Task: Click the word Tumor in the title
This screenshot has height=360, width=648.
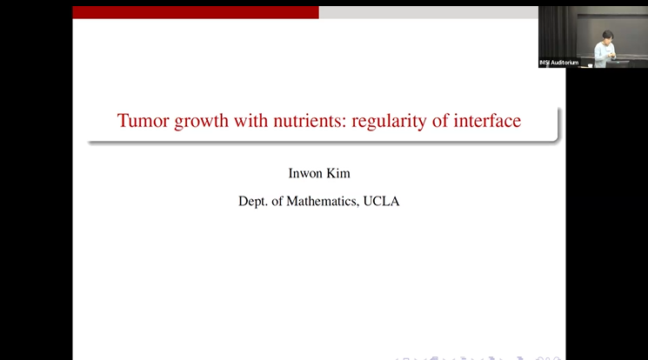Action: (x=137, y=121)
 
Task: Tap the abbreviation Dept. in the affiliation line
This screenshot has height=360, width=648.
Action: (x=255, y=201)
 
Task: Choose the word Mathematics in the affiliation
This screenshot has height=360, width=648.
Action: (x=326, y=201)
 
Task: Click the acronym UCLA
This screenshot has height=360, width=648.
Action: (x=384, y=201)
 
